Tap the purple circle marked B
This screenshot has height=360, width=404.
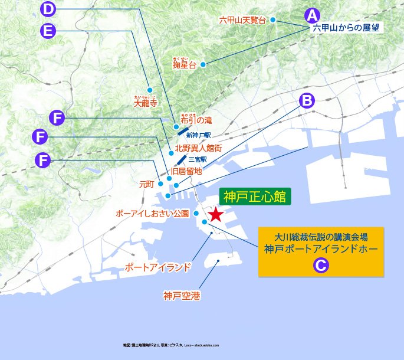pos(307,101)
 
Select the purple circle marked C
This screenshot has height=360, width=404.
pos(320,266)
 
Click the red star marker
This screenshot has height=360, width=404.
pos(216,214)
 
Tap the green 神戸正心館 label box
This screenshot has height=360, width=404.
pos(255,197)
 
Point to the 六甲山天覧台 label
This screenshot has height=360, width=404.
pos(243,20)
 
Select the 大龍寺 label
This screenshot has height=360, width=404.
pos(147,103)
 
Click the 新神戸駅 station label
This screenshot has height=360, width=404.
pos(198,135)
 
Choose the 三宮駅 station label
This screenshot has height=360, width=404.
pos(198,159)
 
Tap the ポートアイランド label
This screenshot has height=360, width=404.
pos(158,267)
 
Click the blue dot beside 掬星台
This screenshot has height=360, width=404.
pos(202,64)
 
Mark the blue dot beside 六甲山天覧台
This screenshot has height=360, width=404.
pos(273,19)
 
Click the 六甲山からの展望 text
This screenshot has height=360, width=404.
pos(345,27)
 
